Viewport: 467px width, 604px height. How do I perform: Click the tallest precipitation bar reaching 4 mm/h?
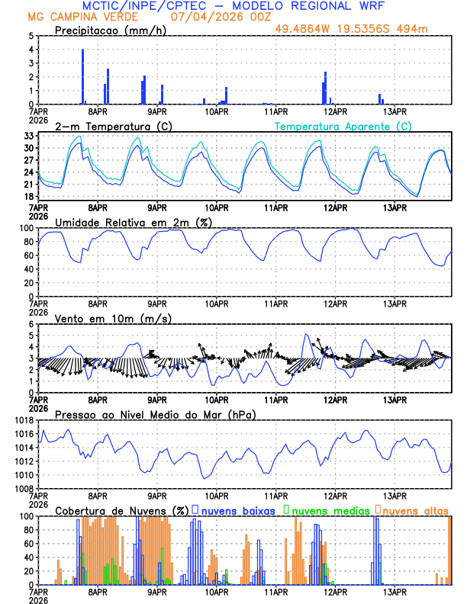point(82,76)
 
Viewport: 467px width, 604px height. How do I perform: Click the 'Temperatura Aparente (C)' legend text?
point(343,126)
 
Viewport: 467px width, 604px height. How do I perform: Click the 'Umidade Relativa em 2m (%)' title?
point(134,222)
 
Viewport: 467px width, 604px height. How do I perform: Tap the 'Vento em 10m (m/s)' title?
point(102,318)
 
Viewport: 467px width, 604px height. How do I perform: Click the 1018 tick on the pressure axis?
point(25,420)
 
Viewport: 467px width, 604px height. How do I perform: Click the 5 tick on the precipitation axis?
point(31,36)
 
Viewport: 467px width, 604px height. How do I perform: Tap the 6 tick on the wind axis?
point(31,324)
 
